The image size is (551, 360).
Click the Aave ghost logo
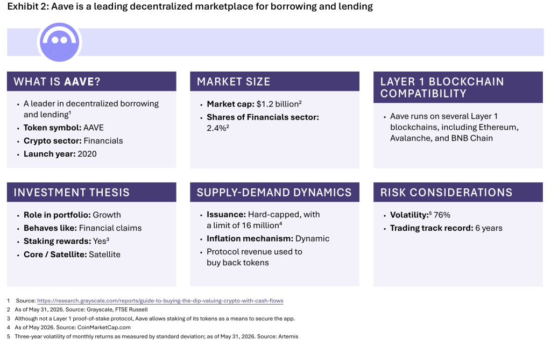click(59, 42)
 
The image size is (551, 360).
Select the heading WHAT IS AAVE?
click(57, 82)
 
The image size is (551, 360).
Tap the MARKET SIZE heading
click(234, 82)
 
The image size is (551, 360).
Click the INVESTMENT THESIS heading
click(72, 192)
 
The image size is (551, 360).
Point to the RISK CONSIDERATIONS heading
click(446, 192)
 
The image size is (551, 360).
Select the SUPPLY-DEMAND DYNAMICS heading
click(274, 192)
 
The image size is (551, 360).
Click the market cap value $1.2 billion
click(278, 104)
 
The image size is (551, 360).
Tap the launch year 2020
click(87, 154)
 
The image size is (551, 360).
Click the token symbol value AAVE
click(94, 128)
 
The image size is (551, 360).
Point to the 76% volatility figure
click(442, 215)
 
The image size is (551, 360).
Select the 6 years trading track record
click(489, 228)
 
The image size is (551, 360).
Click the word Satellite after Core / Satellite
click(105, 255)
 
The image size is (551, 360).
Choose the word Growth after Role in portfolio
click(107, 215)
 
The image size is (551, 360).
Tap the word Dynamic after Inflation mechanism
click(313, 239)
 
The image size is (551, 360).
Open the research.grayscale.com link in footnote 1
click(160, 301)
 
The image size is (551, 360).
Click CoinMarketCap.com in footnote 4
click(104, 327)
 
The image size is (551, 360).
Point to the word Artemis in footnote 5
click(288, 336)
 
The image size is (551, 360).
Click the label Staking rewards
click(57, 241)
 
